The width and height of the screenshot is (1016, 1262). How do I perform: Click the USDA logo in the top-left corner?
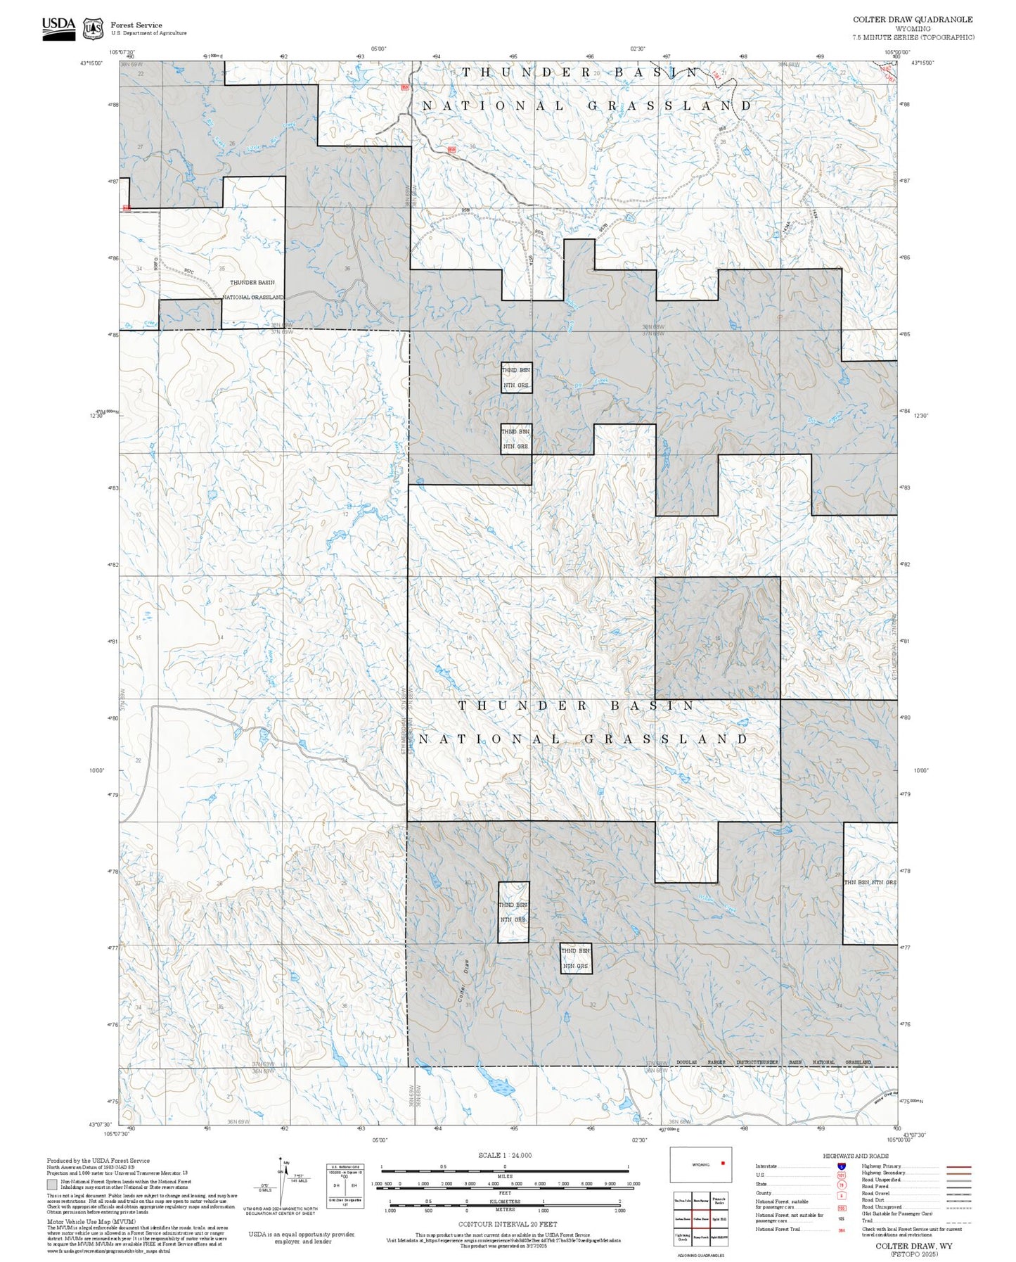tap(58, 28)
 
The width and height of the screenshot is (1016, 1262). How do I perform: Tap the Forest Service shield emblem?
tap(93, 29)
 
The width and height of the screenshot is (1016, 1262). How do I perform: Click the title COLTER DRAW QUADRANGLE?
tap(913, 20)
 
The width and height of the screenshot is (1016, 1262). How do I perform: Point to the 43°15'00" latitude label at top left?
tap(92, 63)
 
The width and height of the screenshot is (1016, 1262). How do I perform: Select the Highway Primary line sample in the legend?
tap(959, 1166)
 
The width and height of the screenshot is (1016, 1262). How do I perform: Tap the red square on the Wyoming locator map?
tap(723, 1163)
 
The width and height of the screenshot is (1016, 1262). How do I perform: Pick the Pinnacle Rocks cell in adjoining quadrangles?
tap(718, 1200)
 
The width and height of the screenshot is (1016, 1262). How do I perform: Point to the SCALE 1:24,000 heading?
tap(505, 1155)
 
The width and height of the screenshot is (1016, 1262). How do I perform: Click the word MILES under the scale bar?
tap(505, 1176)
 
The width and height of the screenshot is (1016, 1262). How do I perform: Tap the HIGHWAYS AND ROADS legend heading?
tap(856, 1156)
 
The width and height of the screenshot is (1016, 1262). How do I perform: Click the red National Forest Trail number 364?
tap(841, 1230)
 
